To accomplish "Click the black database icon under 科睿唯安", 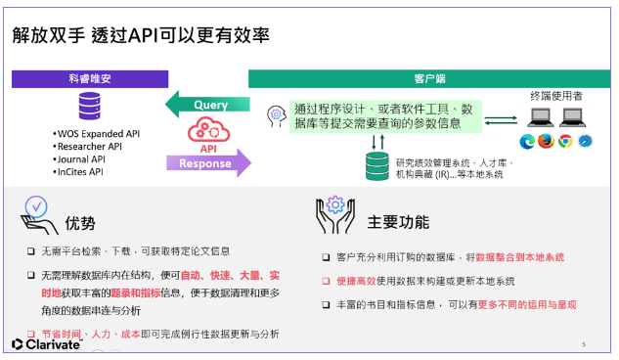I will [x=91, y=106].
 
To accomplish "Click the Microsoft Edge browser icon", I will [x=528, y=141].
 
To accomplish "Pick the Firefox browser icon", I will [x=547, y=141].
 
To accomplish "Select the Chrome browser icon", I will [x=565, y=141].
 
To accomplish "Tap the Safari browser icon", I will [x=585, y=141].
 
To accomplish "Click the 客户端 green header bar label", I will [x=424, y=78].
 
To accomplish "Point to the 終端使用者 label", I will [x=558, y=96].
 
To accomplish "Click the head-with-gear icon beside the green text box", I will [x=277, y=115].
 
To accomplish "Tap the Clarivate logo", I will [x=47, y=343].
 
